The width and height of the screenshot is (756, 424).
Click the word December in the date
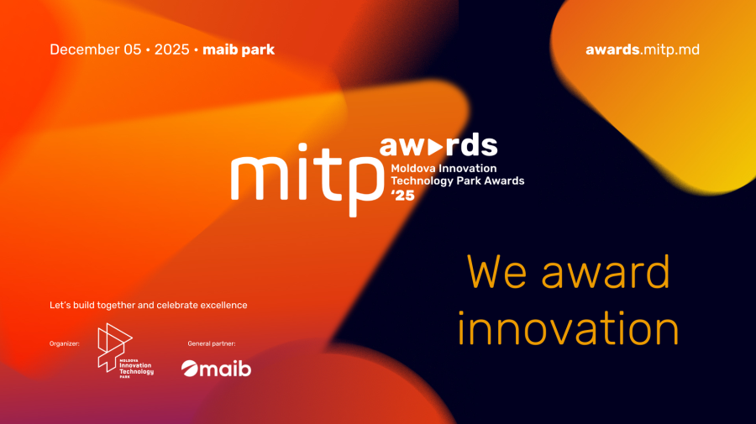coord(85,50)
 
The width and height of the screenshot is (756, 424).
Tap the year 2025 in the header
coord(172,50)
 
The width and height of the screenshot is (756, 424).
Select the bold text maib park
coord(239,50)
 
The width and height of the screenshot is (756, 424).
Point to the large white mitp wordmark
coord(303,175)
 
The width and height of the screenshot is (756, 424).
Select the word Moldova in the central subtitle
coord(417,168)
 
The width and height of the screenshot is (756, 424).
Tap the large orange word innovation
coord(568,328)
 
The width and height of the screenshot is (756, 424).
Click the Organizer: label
coord(65,343)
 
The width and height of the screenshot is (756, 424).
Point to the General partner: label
coord(212,343)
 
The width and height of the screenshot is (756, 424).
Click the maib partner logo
coord(216,368)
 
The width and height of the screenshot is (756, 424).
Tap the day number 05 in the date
coord(133,50)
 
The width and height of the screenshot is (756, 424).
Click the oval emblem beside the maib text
coord(191,369)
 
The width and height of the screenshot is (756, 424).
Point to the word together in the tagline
coord(124,305)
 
